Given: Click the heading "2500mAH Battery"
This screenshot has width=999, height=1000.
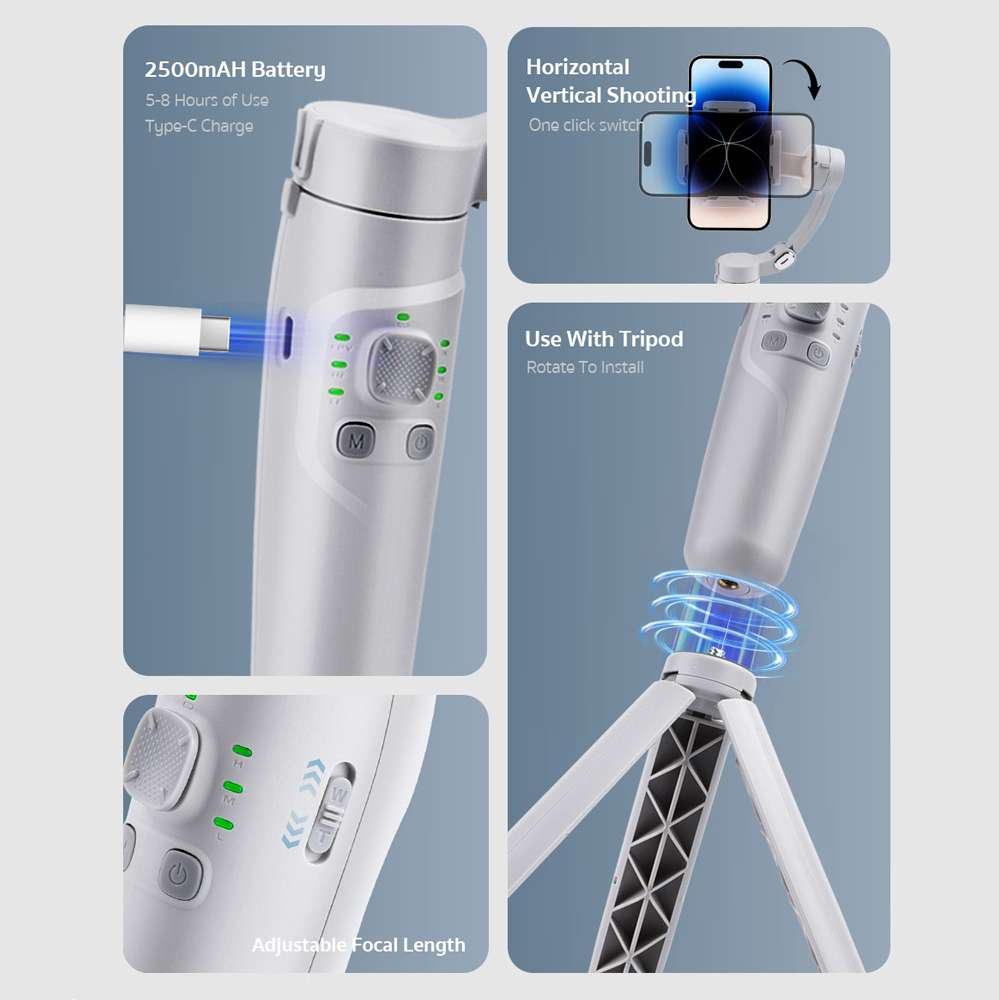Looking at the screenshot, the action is point(235,70).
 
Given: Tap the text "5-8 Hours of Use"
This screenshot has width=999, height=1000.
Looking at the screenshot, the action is point(207,100).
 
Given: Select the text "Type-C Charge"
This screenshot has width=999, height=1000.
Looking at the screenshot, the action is point(199,126).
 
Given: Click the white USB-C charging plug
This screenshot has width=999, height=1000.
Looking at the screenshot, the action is point(177,328).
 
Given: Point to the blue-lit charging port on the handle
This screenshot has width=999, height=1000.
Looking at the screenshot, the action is point(286,335).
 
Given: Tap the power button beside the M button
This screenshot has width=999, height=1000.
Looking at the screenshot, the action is point(420,441).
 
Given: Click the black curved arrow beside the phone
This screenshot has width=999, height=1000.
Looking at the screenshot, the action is point(804,78).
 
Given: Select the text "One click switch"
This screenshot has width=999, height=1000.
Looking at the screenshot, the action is point(586,125).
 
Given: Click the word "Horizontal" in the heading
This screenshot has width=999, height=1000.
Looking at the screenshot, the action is point(577,67).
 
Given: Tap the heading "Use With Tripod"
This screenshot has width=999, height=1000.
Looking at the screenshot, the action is point(603,339).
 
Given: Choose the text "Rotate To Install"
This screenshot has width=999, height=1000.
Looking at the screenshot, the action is point(584,367).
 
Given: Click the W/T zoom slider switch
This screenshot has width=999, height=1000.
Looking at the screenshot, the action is point(330,814).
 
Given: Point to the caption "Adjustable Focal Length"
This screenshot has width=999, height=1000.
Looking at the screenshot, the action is point(359,945).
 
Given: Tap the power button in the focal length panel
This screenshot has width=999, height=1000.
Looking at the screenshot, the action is point(179,874).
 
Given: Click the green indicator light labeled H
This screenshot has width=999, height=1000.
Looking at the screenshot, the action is point(242,751).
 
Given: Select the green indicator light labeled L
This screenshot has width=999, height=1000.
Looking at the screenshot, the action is point(223,823).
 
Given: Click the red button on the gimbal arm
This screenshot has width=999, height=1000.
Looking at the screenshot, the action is point(782,260).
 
